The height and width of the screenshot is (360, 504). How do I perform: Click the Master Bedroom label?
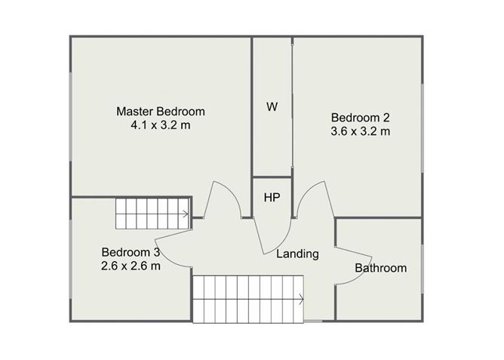(x=161, y=112)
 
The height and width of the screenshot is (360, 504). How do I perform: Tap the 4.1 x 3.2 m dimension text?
(x=161, y=125)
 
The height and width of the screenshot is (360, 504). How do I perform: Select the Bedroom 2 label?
(x=361, y=118)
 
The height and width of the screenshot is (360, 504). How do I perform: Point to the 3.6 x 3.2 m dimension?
(x=361, y=131)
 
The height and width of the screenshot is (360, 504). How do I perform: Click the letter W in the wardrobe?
(x=272, y=106)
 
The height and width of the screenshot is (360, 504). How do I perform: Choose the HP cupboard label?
(x=272, y=198)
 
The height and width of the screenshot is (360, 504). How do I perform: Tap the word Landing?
(x=297, y=254)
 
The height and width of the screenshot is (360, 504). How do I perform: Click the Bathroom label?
(x=380, y=268)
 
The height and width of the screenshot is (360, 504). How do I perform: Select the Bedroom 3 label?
(x=131, y=252)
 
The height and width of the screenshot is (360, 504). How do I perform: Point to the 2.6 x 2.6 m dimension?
(x=131, y=266)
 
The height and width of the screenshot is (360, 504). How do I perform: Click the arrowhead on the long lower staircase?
(x=301, y=299)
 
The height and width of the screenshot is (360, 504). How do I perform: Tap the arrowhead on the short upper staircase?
(x=186, y=214)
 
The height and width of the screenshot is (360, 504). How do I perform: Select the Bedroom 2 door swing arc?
(x=308, y=192)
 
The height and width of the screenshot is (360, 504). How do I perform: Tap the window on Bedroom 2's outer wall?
(x=423, y=128)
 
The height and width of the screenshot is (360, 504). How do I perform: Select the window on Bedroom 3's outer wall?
(x=71, y=259)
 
